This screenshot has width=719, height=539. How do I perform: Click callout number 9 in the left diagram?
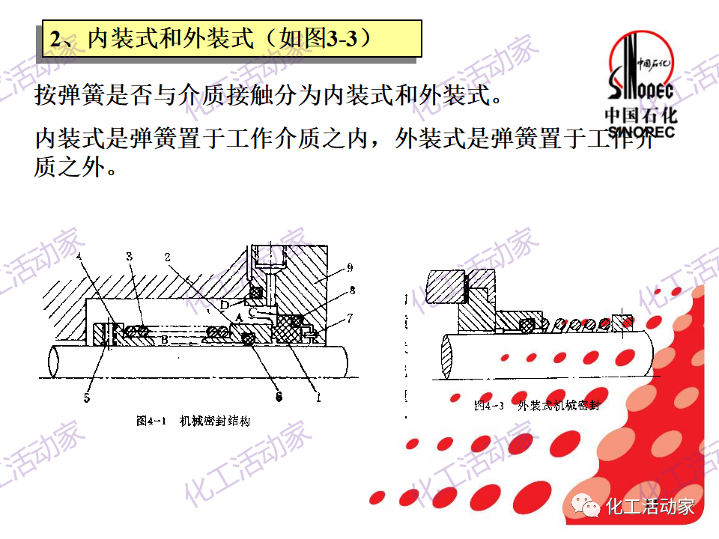[x=350, y=267]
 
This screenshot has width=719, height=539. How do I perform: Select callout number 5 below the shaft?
[x=87, y=398]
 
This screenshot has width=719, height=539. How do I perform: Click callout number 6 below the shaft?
[x=279, y=398]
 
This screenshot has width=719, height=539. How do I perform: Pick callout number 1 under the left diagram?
[x=318, y=398]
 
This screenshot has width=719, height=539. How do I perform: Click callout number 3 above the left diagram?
[x=129, y=257]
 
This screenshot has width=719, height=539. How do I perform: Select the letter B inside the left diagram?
[x=164, y=340]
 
